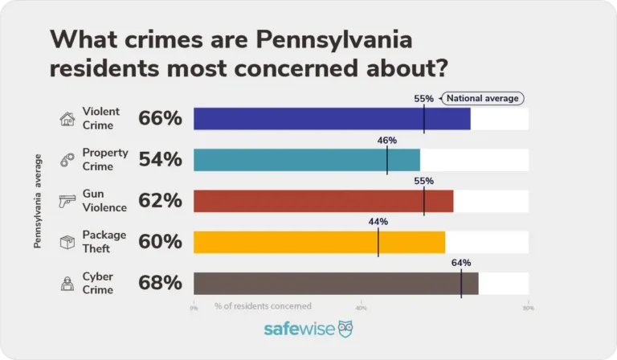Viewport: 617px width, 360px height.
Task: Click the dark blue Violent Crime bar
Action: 332,119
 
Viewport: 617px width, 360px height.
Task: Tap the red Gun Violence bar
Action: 324,201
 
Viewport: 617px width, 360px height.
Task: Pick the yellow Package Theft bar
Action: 319,242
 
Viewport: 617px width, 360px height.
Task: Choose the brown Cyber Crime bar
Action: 336,283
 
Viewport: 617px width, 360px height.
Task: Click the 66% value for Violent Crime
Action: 161,119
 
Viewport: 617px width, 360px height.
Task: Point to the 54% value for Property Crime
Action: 161,160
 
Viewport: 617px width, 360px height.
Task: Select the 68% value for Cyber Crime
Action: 161,283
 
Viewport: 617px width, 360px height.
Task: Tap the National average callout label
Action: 482,99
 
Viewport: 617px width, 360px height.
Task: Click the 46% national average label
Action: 387,140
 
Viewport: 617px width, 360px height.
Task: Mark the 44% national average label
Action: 378,222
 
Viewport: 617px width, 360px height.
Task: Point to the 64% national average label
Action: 461,263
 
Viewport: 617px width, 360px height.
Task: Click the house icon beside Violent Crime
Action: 67,119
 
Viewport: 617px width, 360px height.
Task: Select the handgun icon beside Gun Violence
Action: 67,201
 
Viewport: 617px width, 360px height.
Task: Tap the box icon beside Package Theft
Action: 67,242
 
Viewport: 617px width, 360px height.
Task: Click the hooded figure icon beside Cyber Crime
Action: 67,283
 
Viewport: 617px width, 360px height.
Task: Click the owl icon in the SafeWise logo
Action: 345,329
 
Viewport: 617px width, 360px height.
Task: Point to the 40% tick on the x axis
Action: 362,307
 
